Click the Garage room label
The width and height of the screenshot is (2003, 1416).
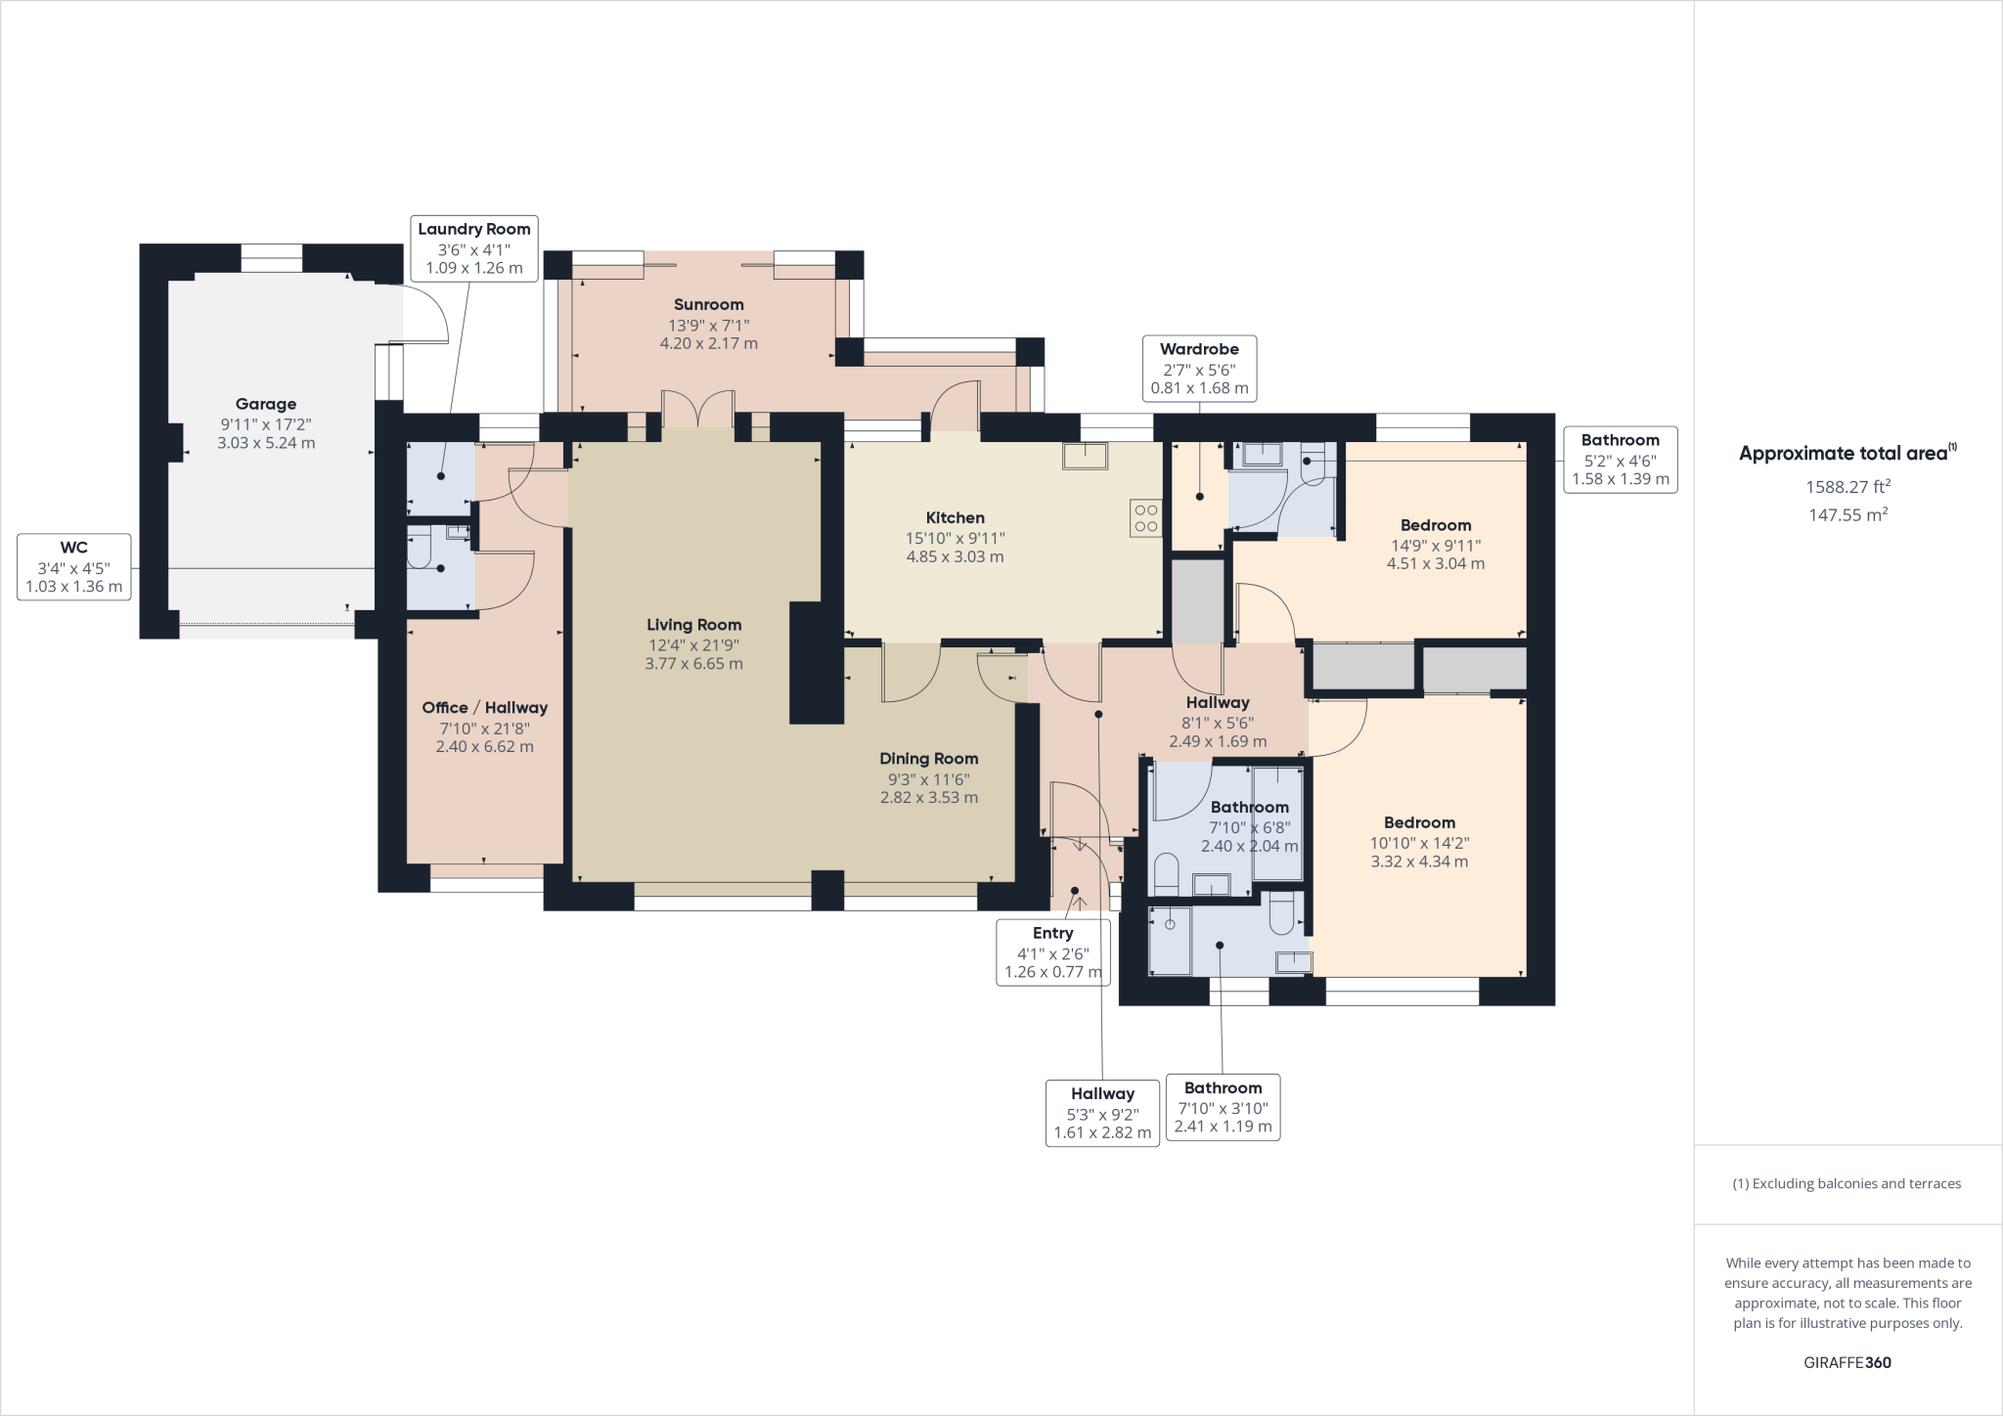[265, 404]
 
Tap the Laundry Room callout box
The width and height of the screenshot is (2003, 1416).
[473, 247]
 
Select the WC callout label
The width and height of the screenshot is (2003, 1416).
[74, 567]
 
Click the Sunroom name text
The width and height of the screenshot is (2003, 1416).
[708, 305]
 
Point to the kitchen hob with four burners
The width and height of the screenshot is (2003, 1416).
[1145, 518]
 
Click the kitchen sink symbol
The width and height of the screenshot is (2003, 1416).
[1086, 456]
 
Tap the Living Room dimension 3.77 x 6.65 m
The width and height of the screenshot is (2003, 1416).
[693, 664]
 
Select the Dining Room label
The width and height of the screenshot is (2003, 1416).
[928, 759]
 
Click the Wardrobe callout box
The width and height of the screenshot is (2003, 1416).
[1199, 369]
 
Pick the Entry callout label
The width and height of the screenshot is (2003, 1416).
[1052, 952]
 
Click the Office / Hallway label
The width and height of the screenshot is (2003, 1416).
[484, 708]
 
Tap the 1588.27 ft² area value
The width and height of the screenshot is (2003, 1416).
[1847, 487]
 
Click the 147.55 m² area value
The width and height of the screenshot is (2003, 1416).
[1847, 515]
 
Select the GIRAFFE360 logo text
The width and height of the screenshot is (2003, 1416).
[1847, 1362]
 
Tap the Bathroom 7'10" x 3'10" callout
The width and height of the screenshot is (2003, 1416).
[1223, 1107]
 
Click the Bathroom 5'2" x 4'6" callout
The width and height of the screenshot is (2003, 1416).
[1620, 460]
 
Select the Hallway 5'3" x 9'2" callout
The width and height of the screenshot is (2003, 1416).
[1102, 1113]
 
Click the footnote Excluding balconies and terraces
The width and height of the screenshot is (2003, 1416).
[1847, 1183]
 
